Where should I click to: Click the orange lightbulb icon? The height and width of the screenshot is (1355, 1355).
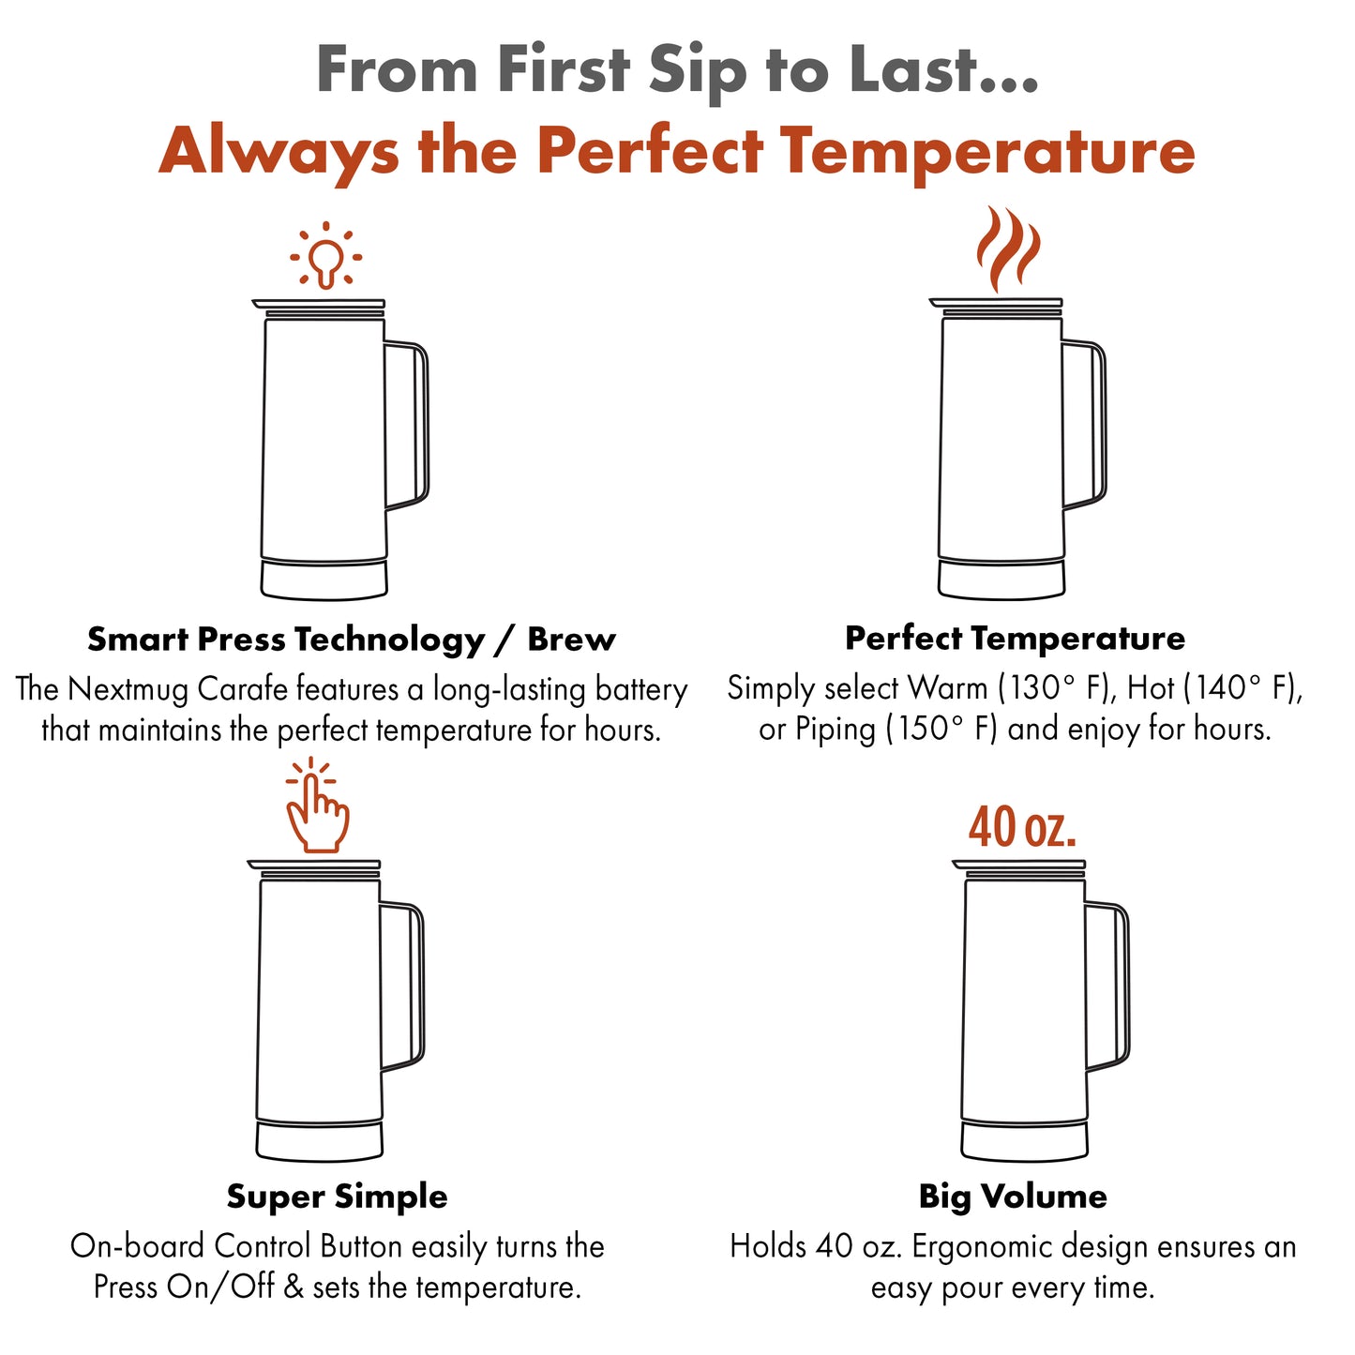coord(326,255)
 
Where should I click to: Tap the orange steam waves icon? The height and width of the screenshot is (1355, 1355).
coord(1008,248)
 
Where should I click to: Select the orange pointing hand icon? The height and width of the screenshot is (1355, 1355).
coord(316,806)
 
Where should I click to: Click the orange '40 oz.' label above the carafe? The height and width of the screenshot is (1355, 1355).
coord(1022,827)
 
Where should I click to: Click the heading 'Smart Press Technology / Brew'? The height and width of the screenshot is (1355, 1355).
coord(352,640)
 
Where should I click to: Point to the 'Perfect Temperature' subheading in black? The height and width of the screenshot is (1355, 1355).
coord(1015,639)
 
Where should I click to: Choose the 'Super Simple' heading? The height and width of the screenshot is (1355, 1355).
coord(337,1197)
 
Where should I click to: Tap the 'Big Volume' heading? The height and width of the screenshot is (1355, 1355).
coord(1013,1197)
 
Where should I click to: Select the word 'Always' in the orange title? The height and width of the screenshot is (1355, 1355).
coord(279,153)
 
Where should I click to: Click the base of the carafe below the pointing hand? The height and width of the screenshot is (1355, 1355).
coord(319,1140)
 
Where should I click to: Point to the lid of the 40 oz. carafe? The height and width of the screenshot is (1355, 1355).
coord(1018,867)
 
